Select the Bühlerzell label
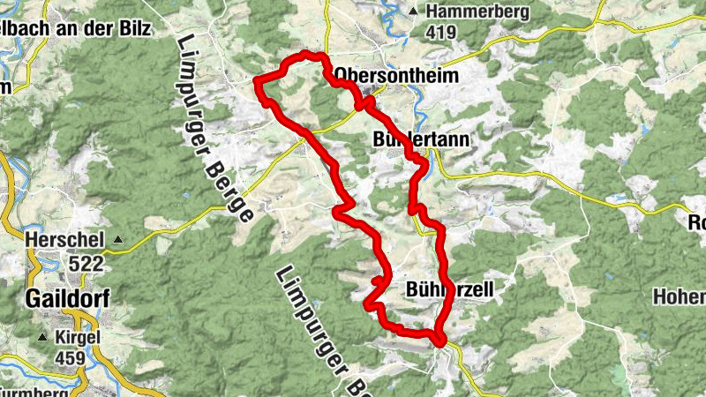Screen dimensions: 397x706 448,288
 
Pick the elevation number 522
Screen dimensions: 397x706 87,264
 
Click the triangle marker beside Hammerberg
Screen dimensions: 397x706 414,11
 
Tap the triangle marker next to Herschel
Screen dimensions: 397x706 116,239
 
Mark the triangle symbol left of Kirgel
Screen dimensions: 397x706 42,338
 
